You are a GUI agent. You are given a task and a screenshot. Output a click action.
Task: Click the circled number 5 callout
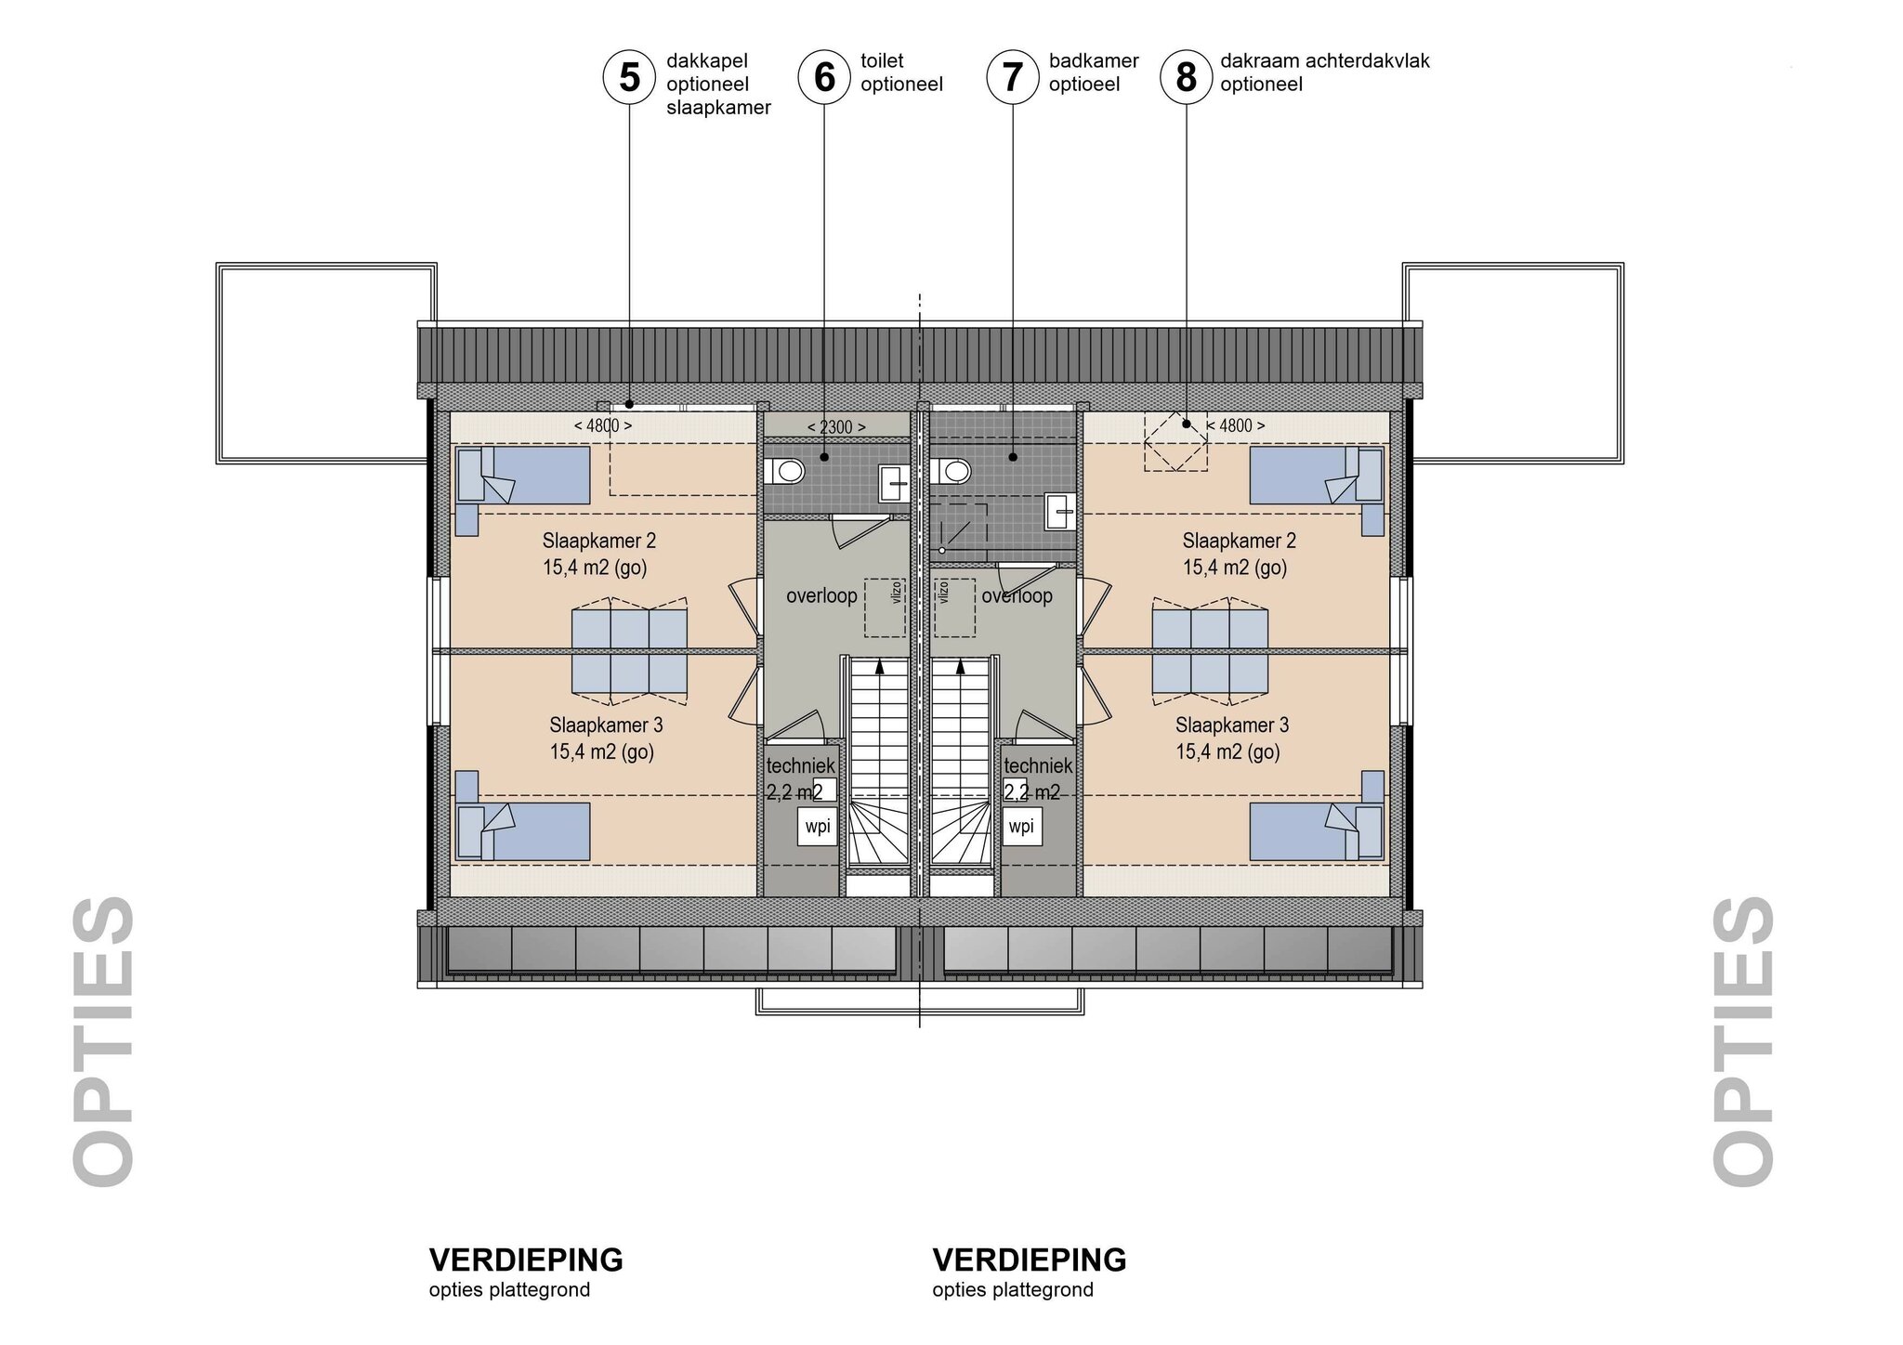pyautogui.click(x=630, y=76)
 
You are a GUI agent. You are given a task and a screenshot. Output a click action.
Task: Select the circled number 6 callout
pyautogui.click(x=824, y=76)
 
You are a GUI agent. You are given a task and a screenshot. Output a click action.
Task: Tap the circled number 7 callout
pyautogui.click(x=1012, y=76)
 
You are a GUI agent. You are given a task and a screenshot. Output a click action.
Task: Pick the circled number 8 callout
pyautogui.click(x=1186, y=76)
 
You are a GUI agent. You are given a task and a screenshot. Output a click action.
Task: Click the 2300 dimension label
pyautogui.click(x=836, y=427)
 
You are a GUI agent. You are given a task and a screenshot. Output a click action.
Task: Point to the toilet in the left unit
pyautogui.click(x=785, y=472)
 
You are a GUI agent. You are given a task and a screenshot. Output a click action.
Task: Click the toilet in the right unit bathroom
pyautogui.click(x=952, y=472)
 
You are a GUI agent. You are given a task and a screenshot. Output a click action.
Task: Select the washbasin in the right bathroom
pyautogui.click(x=1058, y=510)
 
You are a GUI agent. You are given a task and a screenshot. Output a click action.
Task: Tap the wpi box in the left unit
pyautogui.click(x=818, y=827)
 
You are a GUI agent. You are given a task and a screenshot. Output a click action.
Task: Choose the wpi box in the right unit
pyautogui.click(x=1022, y=827)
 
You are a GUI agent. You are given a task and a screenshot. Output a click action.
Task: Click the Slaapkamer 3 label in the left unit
pyautogui.click(x=606, y=725)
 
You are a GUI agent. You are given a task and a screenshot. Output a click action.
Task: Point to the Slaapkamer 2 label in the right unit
pyautogui.click(x=1239, y=541)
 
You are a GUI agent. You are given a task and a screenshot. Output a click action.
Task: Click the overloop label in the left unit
pyautogui.click(x=821, y=596)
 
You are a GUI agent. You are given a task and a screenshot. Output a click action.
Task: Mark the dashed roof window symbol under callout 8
pyautogui.click(x=1175, y=441)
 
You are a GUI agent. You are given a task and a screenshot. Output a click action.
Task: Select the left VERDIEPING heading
pyautogui.click(x=526, y=1260)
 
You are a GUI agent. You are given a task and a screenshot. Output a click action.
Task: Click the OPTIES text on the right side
pyautogui.click(x=1744, y=1040)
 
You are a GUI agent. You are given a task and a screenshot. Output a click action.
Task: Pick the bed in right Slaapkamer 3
pyautogui.click(x=1317, y=831)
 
